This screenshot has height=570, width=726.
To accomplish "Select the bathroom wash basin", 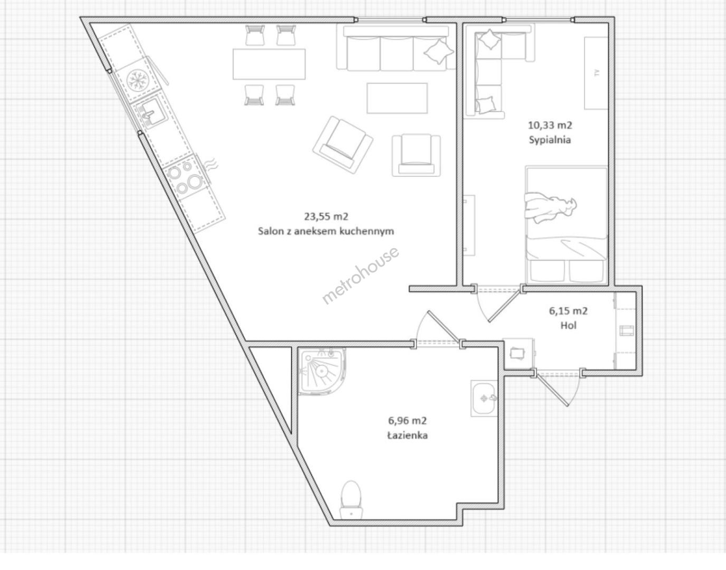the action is tap(484, 398).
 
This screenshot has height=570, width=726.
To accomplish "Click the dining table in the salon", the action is tap(269, 64).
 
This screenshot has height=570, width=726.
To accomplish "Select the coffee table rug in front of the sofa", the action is tap(397, 98).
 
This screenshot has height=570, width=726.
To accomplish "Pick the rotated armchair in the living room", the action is tap(343, 145).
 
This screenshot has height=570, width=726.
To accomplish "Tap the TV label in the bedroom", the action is tap(596, 73).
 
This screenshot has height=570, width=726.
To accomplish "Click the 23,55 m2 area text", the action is tap(326, 217).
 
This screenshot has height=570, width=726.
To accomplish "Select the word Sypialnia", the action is tap(550, 139).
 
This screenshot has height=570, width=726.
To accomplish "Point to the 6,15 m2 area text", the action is tap(568, 311).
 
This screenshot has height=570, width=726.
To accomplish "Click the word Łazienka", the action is tap(407, 435).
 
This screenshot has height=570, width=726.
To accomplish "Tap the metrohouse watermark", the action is tap(360, 275).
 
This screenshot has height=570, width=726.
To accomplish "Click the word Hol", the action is tap(568, 325).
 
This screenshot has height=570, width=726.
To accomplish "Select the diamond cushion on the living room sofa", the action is tap(439, 51).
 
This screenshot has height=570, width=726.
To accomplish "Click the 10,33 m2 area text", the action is tap(550, 125).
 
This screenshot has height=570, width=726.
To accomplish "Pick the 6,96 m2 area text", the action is tap(407, 421).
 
